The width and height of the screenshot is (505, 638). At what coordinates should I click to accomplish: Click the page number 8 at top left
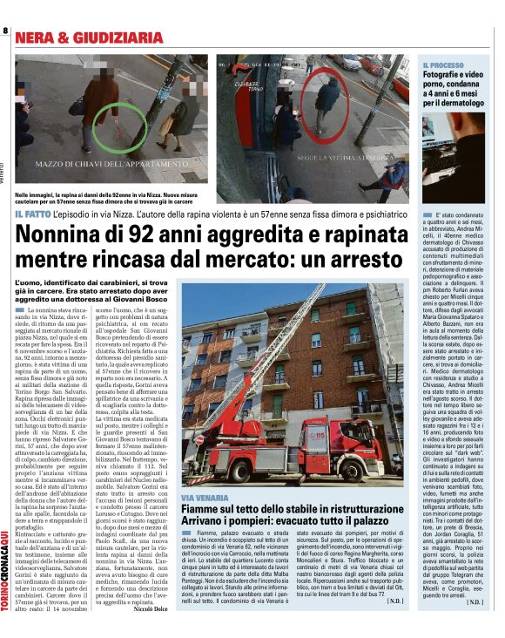5,32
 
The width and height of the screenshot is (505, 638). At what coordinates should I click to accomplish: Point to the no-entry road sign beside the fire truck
200,441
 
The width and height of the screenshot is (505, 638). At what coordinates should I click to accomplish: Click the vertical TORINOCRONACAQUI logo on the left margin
5,558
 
